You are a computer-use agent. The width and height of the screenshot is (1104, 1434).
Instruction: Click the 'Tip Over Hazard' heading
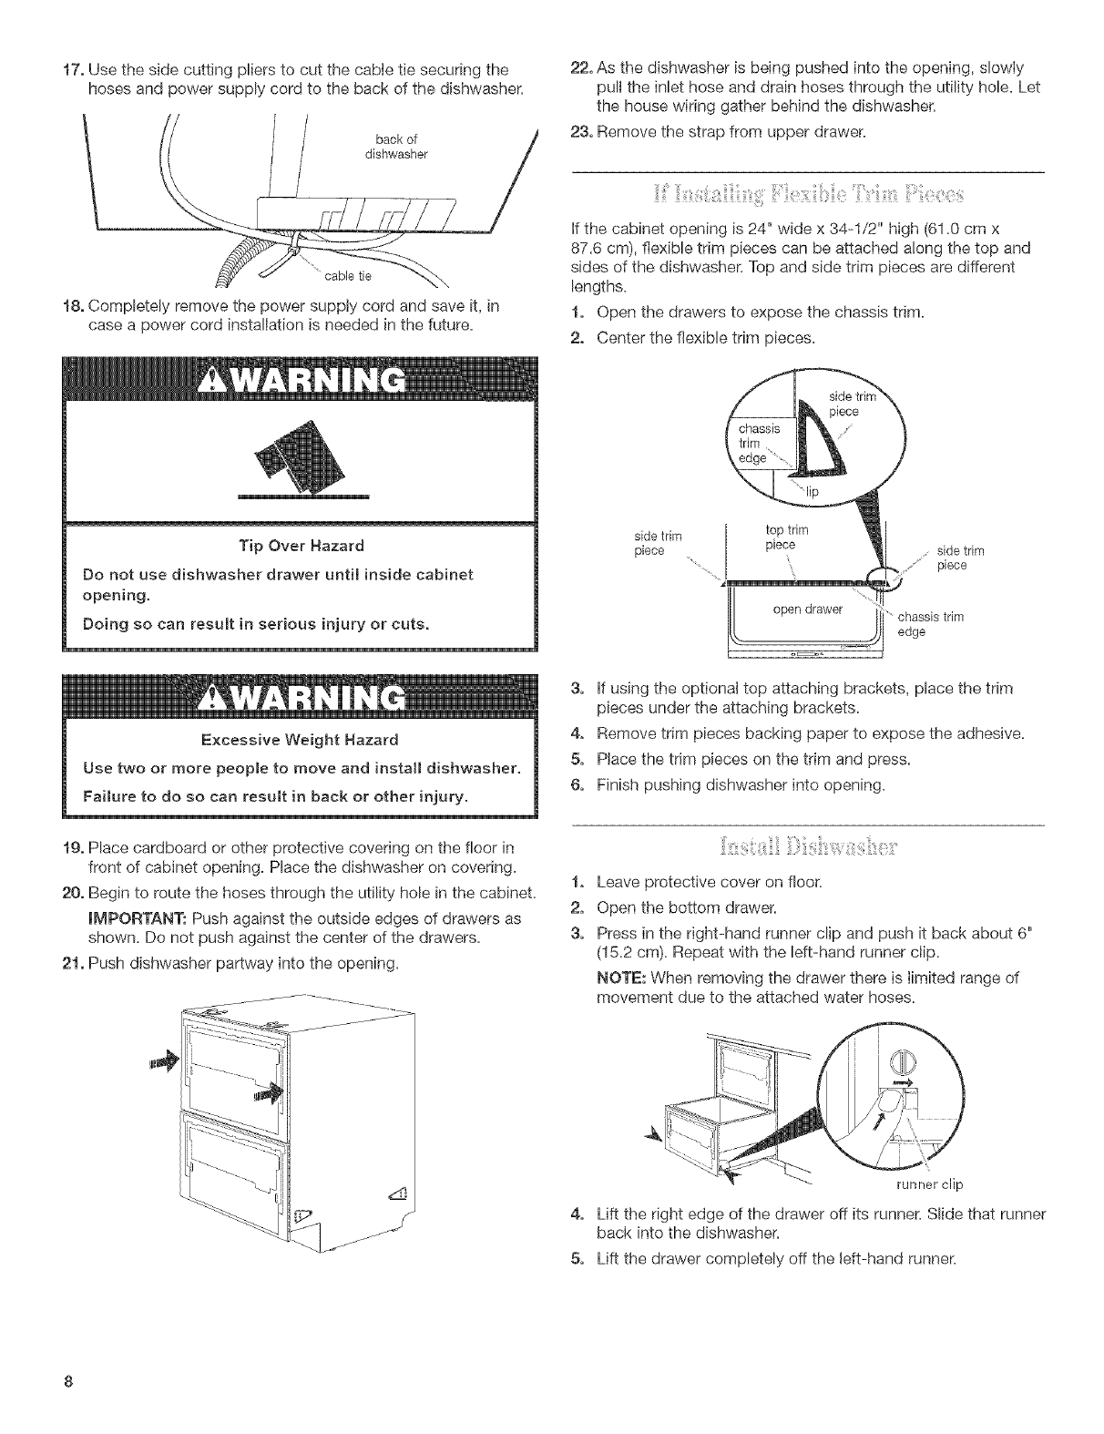[300, 546]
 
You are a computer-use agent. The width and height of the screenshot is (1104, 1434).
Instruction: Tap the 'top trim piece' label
[781, 538]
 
